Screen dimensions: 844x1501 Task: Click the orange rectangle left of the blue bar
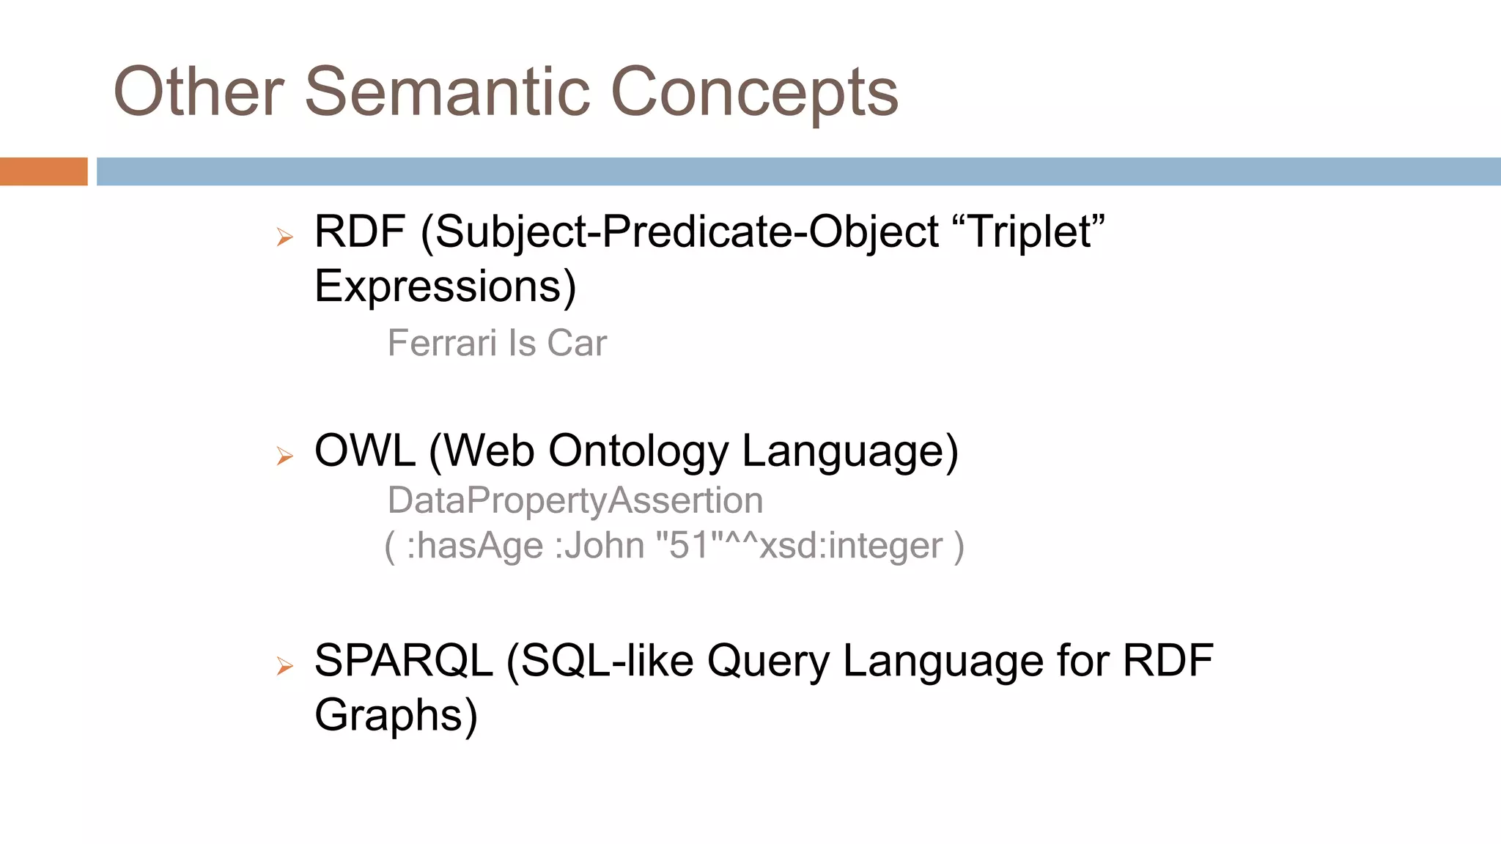(43, 171)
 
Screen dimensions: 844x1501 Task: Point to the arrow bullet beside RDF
(284, 237)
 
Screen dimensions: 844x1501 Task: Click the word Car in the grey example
(577, 343)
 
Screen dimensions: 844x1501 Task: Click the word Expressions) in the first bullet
(445, 286)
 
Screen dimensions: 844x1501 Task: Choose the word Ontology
(638, 451)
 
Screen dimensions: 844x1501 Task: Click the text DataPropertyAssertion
(575, 500)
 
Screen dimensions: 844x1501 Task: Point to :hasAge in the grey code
(474, 546)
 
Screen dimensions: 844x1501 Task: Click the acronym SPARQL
(403, 660)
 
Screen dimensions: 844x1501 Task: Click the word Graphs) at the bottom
(396, 715)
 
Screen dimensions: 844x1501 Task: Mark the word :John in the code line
(599, 546)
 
